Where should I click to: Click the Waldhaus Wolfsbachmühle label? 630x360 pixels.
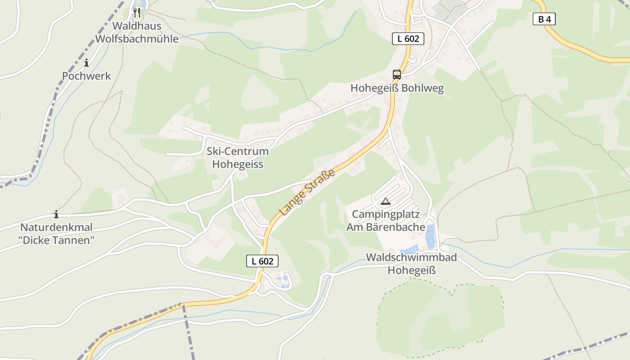pyautogui.click(x=136, y=32)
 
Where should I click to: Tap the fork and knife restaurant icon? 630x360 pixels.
pyautogui.click(x=137, y=13)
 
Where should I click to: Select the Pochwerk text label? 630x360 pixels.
pyautogui.click(x=86, y=76)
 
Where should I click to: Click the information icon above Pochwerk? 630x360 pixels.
pyautogui.click(x=86, y=63)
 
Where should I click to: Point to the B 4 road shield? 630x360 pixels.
pyautogui.click(x=544, y=19)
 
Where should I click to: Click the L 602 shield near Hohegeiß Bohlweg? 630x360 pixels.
pyautogui.click(x=408, y=39)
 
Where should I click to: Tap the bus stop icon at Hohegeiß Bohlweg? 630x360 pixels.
pyautogui.click(x=396, y=75)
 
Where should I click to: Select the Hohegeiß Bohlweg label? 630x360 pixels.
pyautogui.click(x=397, y=88)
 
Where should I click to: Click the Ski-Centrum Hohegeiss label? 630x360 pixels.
pyautogui.click(x=238, y=157)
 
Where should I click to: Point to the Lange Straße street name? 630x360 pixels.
pyautogui.click(x=307, y=192)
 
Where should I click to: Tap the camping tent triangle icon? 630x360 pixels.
pyautogui.click(x=385, y=201)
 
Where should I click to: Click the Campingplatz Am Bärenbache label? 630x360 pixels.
pyautogui.click(x=386, y=220)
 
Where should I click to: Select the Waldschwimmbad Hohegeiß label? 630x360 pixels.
pyautogui.click(x=411, y=264)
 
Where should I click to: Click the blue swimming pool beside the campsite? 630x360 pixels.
pyautogui.click(x=430, y=237)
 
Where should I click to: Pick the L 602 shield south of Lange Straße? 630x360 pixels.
pyautogui.click(x=262, y=261)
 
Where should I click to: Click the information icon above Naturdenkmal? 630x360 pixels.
pyautogui.click(x=56, y=214)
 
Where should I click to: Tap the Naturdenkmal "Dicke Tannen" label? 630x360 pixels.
pyautogui.click(x=57, y=234)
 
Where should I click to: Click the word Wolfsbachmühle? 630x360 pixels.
pyautogui.click(x=136, y=39)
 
